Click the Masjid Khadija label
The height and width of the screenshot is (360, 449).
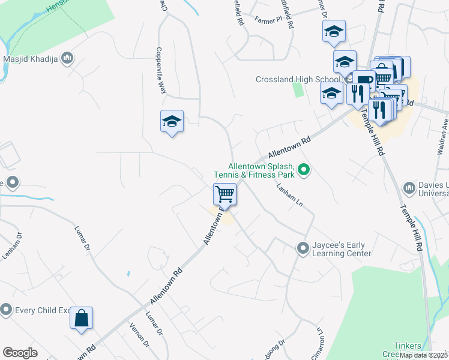pos(29,59)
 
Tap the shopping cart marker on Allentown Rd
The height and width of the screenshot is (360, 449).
pos(224,194)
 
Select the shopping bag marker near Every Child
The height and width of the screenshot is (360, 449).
pos(82,318)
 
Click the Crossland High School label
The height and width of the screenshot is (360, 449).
pos(298,79)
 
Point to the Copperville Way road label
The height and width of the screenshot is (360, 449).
pos(161,70)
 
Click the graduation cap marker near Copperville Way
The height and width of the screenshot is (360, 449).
pos(172,122)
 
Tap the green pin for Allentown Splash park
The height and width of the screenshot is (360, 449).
pos(304,170)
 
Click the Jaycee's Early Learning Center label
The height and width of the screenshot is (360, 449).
pos(342,250)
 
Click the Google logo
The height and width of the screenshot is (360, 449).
pos(20,353)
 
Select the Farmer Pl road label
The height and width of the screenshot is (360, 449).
pos(267,20)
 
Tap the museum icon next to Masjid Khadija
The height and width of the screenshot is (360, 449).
pos(67,58)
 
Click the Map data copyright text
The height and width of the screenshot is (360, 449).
pos(423,355)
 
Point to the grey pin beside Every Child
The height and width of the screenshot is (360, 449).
pos(6,310)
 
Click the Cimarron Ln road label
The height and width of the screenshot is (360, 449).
pos(321,341)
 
